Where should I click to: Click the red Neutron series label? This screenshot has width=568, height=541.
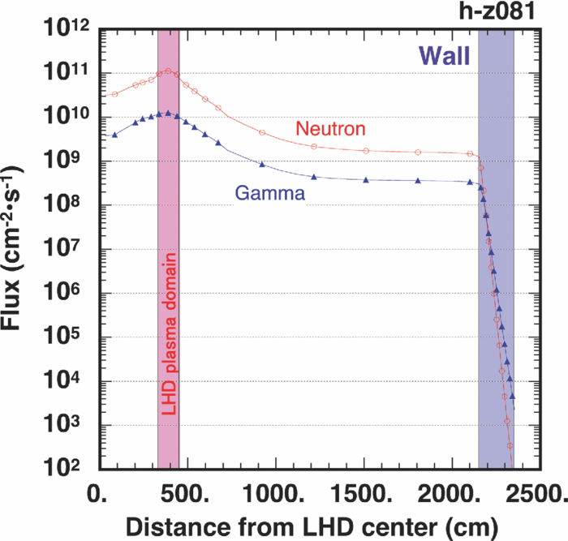[x=330, y=128]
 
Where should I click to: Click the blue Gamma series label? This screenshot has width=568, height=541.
[x=269, y=194]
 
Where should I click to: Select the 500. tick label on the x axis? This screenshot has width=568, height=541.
[x=184, y=494]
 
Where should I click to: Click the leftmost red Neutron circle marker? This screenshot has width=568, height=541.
[x=115, y=94]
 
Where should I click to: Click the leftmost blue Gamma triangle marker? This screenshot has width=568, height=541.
[x=115, y=135]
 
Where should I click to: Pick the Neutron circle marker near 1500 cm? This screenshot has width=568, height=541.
[x=366, y=151]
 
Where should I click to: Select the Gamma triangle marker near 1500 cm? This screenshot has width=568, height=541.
[x=366, y=179]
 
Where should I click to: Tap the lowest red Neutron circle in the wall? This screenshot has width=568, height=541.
[x=510, y=446]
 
